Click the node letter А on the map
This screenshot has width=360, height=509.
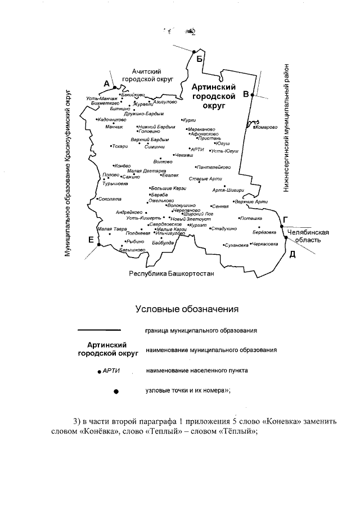(106, 83)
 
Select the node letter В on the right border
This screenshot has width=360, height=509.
(245, 94)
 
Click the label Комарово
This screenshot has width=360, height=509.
(266, 127)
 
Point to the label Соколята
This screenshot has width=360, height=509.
(110, 199)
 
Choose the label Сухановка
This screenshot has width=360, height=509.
(236, 245)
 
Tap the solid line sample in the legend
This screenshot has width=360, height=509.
(99, 330)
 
